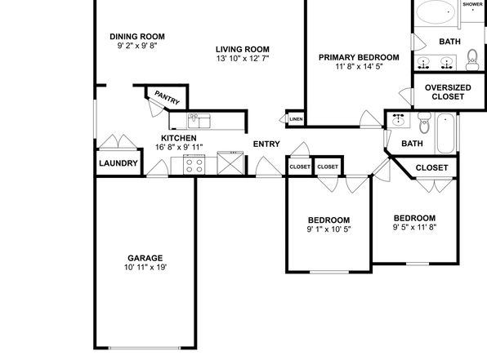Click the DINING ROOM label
click(x=137, y=37)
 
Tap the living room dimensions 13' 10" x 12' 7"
click(x=243, y=58)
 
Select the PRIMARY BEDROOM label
click(x=359, y=57)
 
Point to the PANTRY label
click(x=167, y=98)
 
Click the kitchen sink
click(x=199, y=121)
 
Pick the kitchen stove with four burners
click(x=194, y=165)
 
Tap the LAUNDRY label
click(x=118, y=163)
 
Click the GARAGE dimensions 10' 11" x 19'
click(x=145, y=267)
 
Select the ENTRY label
click(x=266, y=144)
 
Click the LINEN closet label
click(x=296, y=119)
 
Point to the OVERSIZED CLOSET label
click(x=448, y=92)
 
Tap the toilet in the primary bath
click(x=472, y=60)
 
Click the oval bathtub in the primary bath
click(x=436, y=12)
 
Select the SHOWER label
click(x=473, y=4)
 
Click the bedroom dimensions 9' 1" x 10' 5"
click(x=329, y=229)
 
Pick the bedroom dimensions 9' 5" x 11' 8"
click(x=414, y=227)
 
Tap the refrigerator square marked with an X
click(x=230, y=163)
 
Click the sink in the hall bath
click(x=399, y=120)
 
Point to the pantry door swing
click(x=156, y=108)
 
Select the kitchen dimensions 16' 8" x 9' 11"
click(x=179, y=147)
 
